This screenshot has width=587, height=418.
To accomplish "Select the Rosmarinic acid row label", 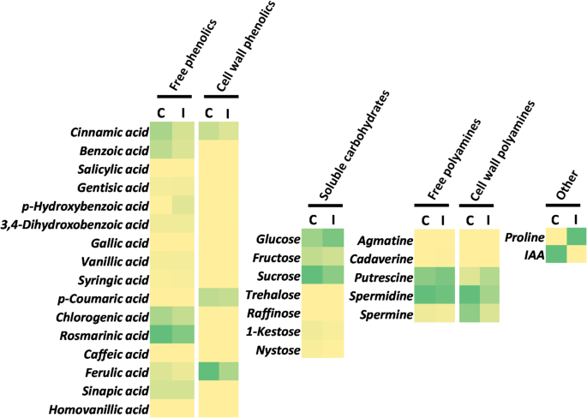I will coord(105,335).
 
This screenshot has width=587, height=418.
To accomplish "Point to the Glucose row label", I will coord(276,240).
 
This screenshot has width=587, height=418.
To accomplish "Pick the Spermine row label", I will coord(384,314).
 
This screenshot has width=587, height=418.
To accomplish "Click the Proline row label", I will coord(524,236).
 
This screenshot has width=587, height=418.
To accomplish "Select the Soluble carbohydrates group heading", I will coord(353,146).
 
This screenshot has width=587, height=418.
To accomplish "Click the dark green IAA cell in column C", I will coord(556,254).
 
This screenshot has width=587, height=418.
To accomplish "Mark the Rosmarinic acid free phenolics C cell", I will coord(160,335).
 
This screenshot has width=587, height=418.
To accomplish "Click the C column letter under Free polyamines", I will coord(424,219).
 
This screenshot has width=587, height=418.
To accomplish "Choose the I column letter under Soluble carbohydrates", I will coord(333,219).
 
